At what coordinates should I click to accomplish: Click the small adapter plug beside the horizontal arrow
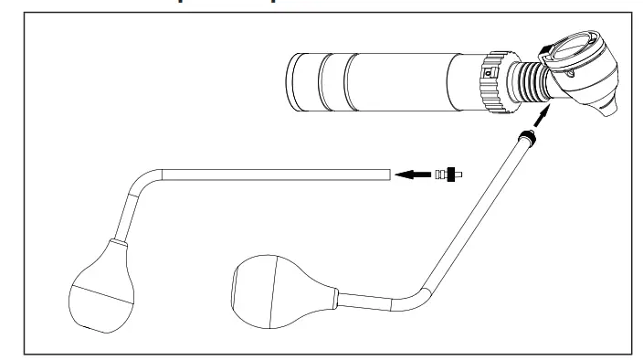(449, 171)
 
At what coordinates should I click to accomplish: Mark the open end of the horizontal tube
(389, 171)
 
